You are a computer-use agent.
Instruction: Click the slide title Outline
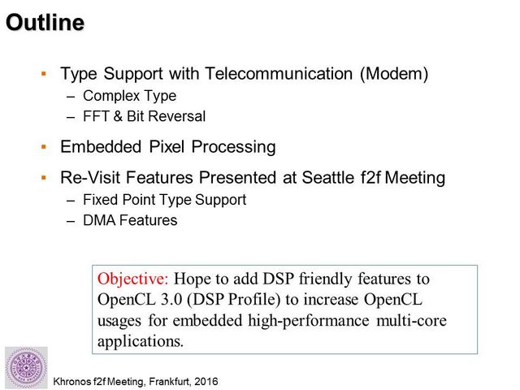point(45,23)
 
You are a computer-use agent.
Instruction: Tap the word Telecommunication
point(279,73)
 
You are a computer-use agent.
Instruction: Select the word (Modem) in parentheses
point(394,74)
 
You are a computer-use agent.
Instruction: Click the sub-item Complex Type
point(129,96)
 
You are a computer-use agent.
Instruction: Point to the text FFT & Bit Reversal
point(145,116)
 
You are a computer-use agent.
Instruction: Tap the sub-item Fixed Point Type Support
point(164,200)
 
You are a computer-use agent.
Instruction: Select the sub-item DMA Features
point(130,220)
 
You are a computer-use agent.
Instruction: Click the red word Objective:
point(133,279)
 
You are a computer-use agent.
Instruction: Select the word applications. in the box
point(141,341)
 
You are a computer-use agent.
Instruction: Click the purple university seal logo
point(26,367)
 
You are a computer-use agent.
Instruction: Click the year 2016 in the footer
point(206,381)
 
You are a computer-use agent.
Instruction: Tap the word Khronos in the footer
point(71,381)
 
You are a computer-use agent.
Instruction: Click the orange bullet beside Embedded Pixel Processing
point(44,146)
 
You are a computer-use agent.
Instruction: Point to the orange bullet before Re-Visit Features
point(44,178)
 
